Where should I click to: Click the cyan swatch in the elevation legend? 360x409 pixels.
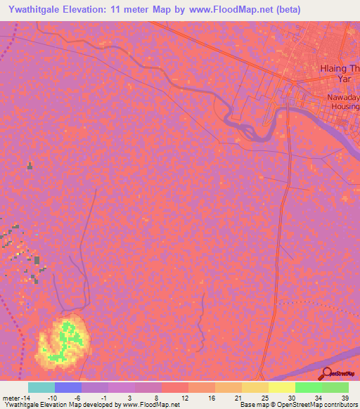click(x=41, y=387)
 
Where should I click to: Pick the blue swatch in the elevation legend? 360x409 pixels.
click(x=67, y=387)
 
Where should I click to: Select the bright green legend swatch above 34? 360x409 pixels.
click(x=308, y=387)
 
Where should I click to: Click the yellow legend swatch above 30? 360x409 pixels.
click(x=281, y=387)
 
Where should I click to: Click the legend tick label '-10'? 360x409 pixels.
click(x=52, y=397)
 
